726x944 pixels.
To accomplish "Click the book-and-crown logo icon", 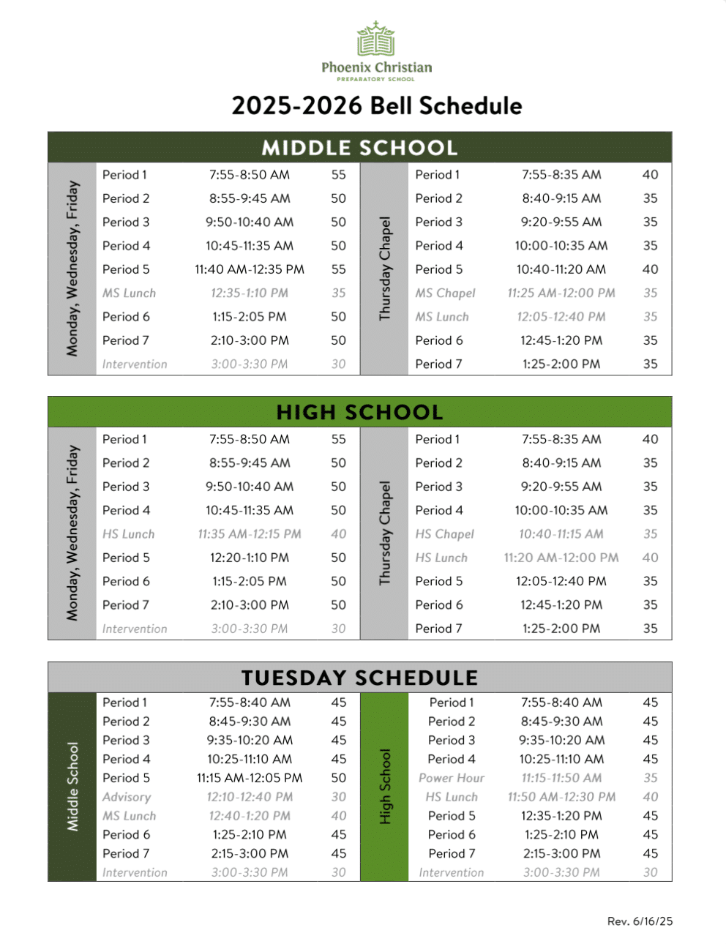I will (x=376, y=40).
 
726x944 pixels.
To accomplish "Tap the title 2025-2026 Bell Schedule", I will (x=376, y=106).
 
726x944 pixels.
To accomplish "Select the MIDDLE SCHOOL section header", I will (x=359, y=148).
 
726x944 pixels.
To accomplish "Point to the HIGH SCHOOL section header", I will (x=359, y=413).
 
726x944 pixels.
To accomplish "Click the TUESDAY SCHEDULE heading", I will (x=359, y=678).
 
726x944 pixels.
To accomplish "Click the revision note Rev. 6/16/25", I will (x=640, y=921).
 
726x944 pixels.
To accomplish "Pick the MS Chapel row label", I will (x=445, y=293).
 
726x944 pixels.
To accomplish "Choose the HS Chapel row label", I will (x=444, y=534).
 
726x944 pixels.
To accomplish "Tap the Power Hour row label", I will (x=451, y=778).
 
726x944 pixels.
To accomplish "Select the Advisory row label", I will (x=127, y=797).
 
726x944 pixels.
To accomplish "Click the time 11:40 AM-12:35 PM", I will (x=250, y=269).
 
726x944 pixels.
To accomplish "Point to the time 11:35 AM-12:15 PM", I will (x=250, y=534).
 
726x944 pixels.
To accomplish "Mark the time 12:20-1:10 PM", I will (x=250, y=558).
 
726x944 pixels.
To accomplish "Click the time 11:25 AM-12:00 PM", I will (x=561, y=293).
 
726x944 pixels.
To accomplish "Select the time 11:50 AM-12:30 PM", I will (x=561, y=797).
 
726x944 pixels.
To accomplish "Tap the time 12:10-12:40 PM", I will (x=250, y=797).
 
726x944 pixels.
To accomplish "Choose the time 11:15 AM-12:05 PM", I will (x=250, y=778).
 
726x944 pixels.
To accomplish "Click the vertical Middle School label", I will (x=72, y=787).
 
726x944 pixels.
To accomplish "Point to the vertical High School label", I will (x=385, y=787).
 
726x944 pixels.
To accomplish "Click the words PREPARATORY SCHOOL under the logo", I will (x=375, y=79).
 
